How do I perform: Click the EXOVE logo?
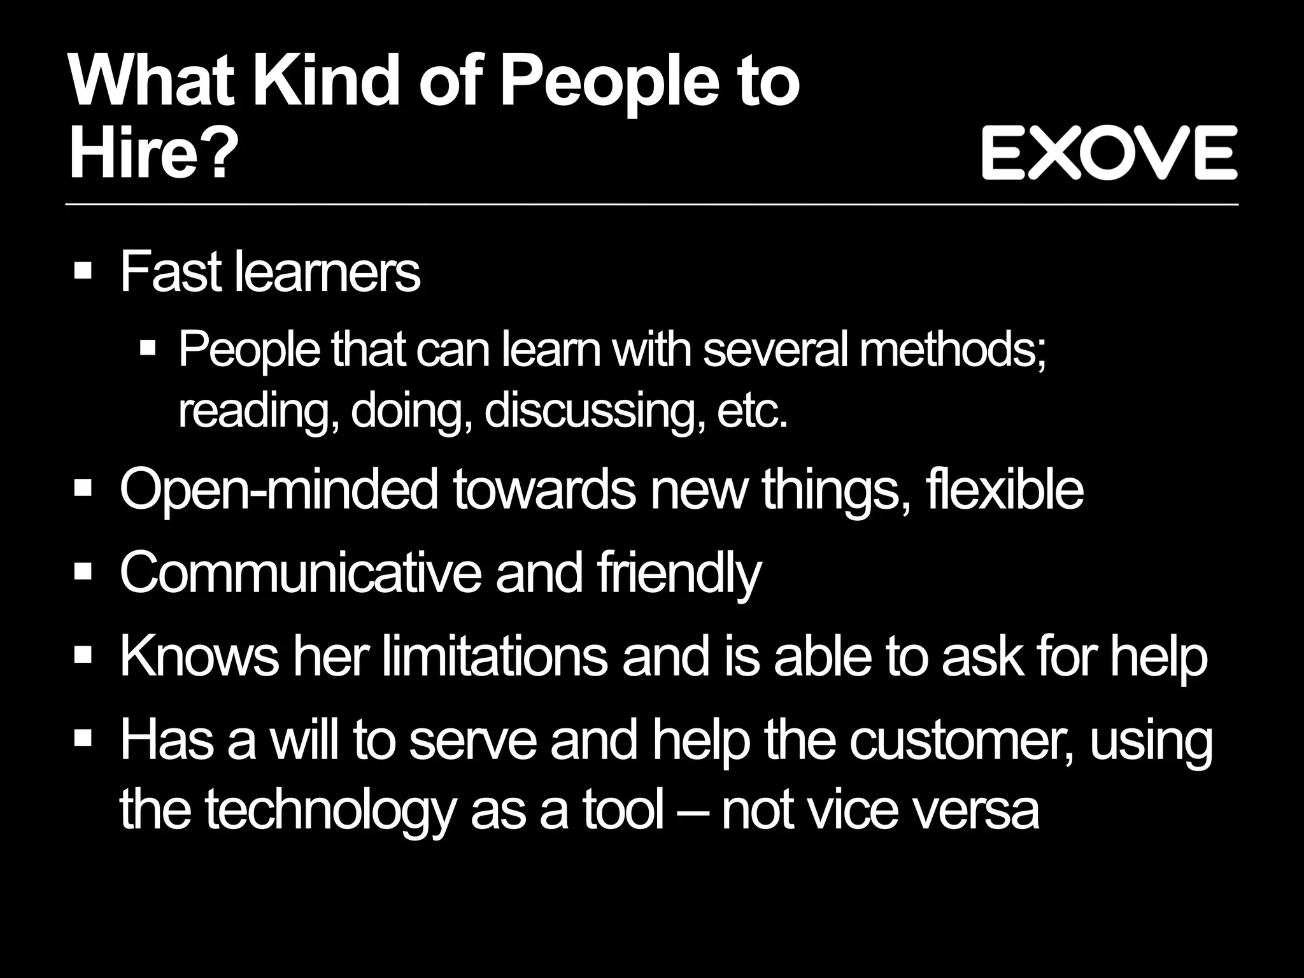click(1109, 152)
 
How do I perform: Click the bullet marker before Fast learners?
click(83, 270)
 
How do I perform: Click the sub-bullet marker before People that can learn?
click(148, 348)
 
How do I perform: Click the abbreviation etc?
click(753, 412)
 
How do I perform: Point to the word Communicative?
click(300, 572)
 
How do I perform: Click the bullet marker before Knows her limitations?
click(83, 655)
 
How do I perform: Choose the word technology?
click(330, 812)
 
